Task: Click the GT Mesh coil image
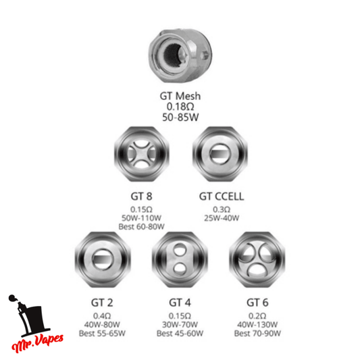pyautogui.click(x=180, y=55)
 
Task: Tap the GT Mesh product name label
pyautogui.click(x=180, y=96)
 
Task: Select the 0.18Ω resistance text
pyautogui.click(x=180, y=107)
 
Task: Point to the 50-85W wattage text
pyautogui.click(x=180, y=118)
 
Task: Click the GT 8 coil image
pyautogui.click(x=142, y=154)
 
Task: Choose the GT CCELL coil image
pyautogui.click(x=220, y=154)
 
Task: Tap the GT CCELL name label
pyautogui.click(x=222, y=197)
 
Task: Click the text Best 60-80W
pyautogui.click(x=141, y=227)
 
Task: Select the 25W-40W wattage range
pyautogui.click(x=222, y=218)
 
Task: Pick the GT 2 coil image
pyautogui.click(x=103, y=259)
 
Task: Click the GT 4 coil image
pyautogui.click(x=180, y=259)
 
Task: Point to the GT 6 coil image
pyautogui.click(x=257, y=259)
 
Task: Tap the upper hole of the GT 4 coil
pyautogui.click(x=180, y=249)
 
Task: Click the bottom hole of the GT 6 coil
pyautogui.click(x=257, y=271)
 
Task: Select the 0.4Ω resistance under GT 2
pyautogui.click(x=102, y=316)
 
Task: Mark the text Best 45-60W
pyautogui.click(x=180, y=334)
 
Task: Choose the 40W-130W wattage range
pyautogui.click(x=257, y=325)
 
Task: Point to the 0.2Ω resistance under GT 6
pyautogui.click(x=257, y=316)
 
